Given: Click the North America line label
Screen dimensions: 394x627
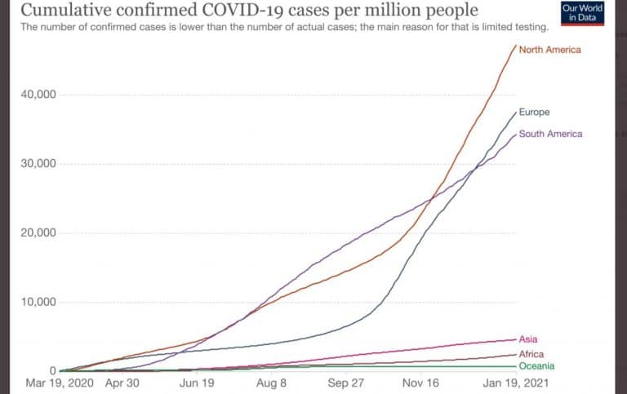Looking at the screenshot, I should [549, 50].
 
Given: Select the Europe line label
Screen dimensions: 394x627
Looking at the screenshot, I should [534, 112].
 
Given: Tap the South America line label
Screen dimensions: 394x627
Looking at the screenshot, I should [550, 134].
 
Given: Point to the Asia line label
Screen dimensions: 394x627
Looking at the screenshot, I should [528, 339].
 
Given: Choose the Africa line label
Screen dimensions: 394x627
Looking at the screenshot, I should [531, 354].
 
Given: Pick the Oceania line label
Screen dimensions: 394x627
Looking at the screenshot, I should [536, 366].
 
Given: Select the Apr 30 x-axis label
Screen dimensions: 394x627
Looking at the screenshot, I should [126, 383].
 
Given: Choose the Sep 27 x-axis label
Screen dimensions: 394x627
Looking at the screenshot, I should [346, 383].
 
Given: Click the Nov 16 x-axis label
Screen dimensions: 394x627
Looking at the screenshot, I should [422, 383].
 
